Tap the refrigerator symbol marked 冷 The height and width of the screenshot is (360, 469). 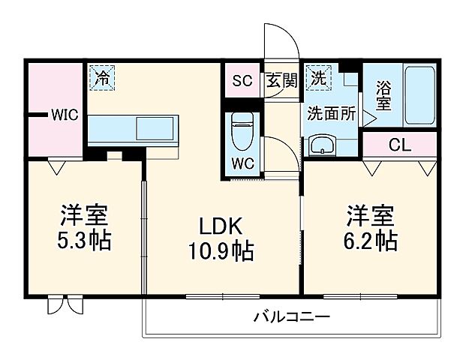pyautogui.click(x=101, y=76)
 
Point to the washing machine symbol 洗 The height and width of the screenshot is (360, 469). pyautogui.click(x=318, y=76)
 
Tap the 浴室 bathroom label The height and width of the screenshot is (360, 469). pyautogui.click(x=383, y=96)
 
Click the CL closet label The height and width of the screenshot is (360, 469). pyautogui.click(x=399, y=145)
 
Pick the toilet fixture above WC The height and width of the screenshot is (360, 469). pyautogui.click(x=242, y=133)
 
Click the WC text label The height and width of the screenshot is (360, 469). pyautogui.click(x=242, y=163)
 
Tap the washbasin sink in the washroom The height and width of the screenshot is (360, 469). pyautogui.click(x=323, y=145)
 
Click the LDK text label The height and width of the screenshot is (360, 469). pyautogui.click(x=220, y=225)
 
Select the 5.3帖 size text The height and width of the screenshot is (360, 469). pyautogui.click(x=84, y=241)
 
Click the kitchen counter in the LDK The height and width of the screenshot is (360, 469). pyautogui.click(x=133, y=128)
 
